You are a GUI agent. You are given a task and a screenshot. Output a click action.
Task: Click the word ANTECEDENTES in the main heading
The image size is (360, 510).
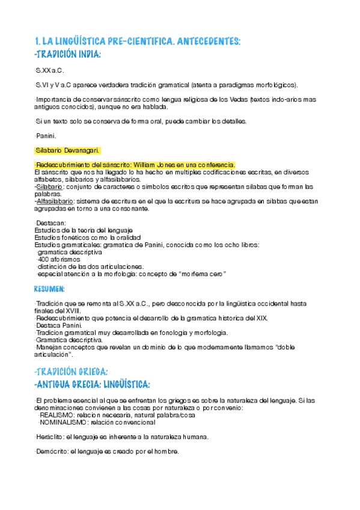pyautogui.click(x=204, y=41)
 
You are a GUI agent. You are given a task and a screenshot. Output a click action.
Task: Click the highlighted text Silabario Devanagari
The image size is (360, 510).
pyautogui.click(x=67, y=150)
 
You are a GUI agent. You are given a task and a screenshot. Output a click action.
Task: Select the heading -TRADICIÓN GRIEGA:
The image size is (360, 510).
pyautogui.click(x=72, y=372)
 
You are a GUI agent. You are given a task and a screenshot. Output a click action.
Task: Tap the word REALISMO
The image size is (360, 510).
pyautogui.click(x=60, y=415)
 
